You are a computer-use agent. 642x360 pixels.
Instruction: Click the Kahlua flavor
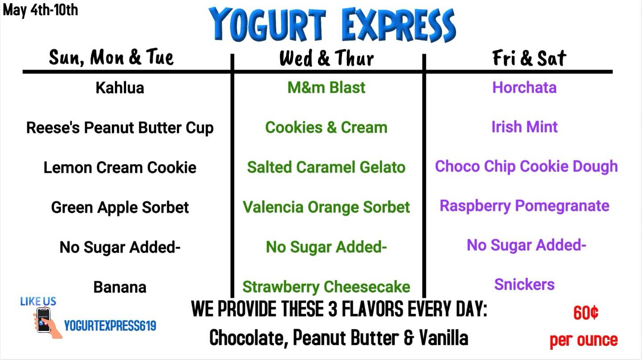tap(120, 87)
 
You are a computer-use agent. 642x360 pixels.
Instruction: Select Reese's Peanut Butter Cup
tap(120, 128)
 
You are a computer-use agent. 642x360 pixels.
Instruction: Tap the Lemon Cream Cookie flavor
tap(120, 168)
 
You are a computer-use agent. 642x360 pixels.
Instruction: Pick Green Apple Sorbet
tap(120, 208)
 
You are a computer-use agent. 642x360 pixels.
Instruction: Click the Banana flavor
tap(120, 287)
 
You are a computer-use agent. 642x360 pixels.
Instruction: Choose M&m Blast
tap(326, 87)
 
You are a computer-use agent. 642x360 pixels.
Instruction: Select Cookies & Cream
tap(326, 128)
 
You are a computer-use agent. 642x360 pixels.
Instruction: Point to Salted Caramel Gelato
tap(326, 167)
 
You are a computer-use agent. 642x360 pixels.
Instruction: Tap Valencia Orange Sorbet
tap(326, 207)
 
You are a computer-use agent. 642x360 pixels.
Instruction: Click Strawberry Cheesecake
tap(326, 287)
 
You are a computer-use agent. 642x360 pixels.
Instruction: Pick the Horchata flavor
tap(524, 87)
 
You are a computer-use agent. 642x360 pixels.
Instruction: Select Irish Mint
tap(524, 127)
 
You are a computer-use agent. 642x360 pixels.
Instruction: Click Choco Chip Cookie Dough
tap(526, 167)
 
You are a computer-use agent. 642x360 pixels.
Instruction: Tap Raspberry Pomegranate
tap(524, 206)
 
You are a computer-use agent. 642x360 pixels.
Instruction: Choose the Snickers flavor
tap(524, 285)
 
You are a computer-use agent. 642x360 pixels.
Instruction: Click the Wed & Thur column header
tap(326, 58)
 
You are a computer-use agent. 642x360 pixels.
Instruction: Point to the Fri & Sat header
tap(529, 58)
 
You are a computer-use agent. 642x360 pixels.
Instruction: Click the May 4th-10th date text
tap(40, 10)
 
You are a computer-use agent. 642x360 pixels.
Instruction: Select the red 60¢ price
tap(586, 313)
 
